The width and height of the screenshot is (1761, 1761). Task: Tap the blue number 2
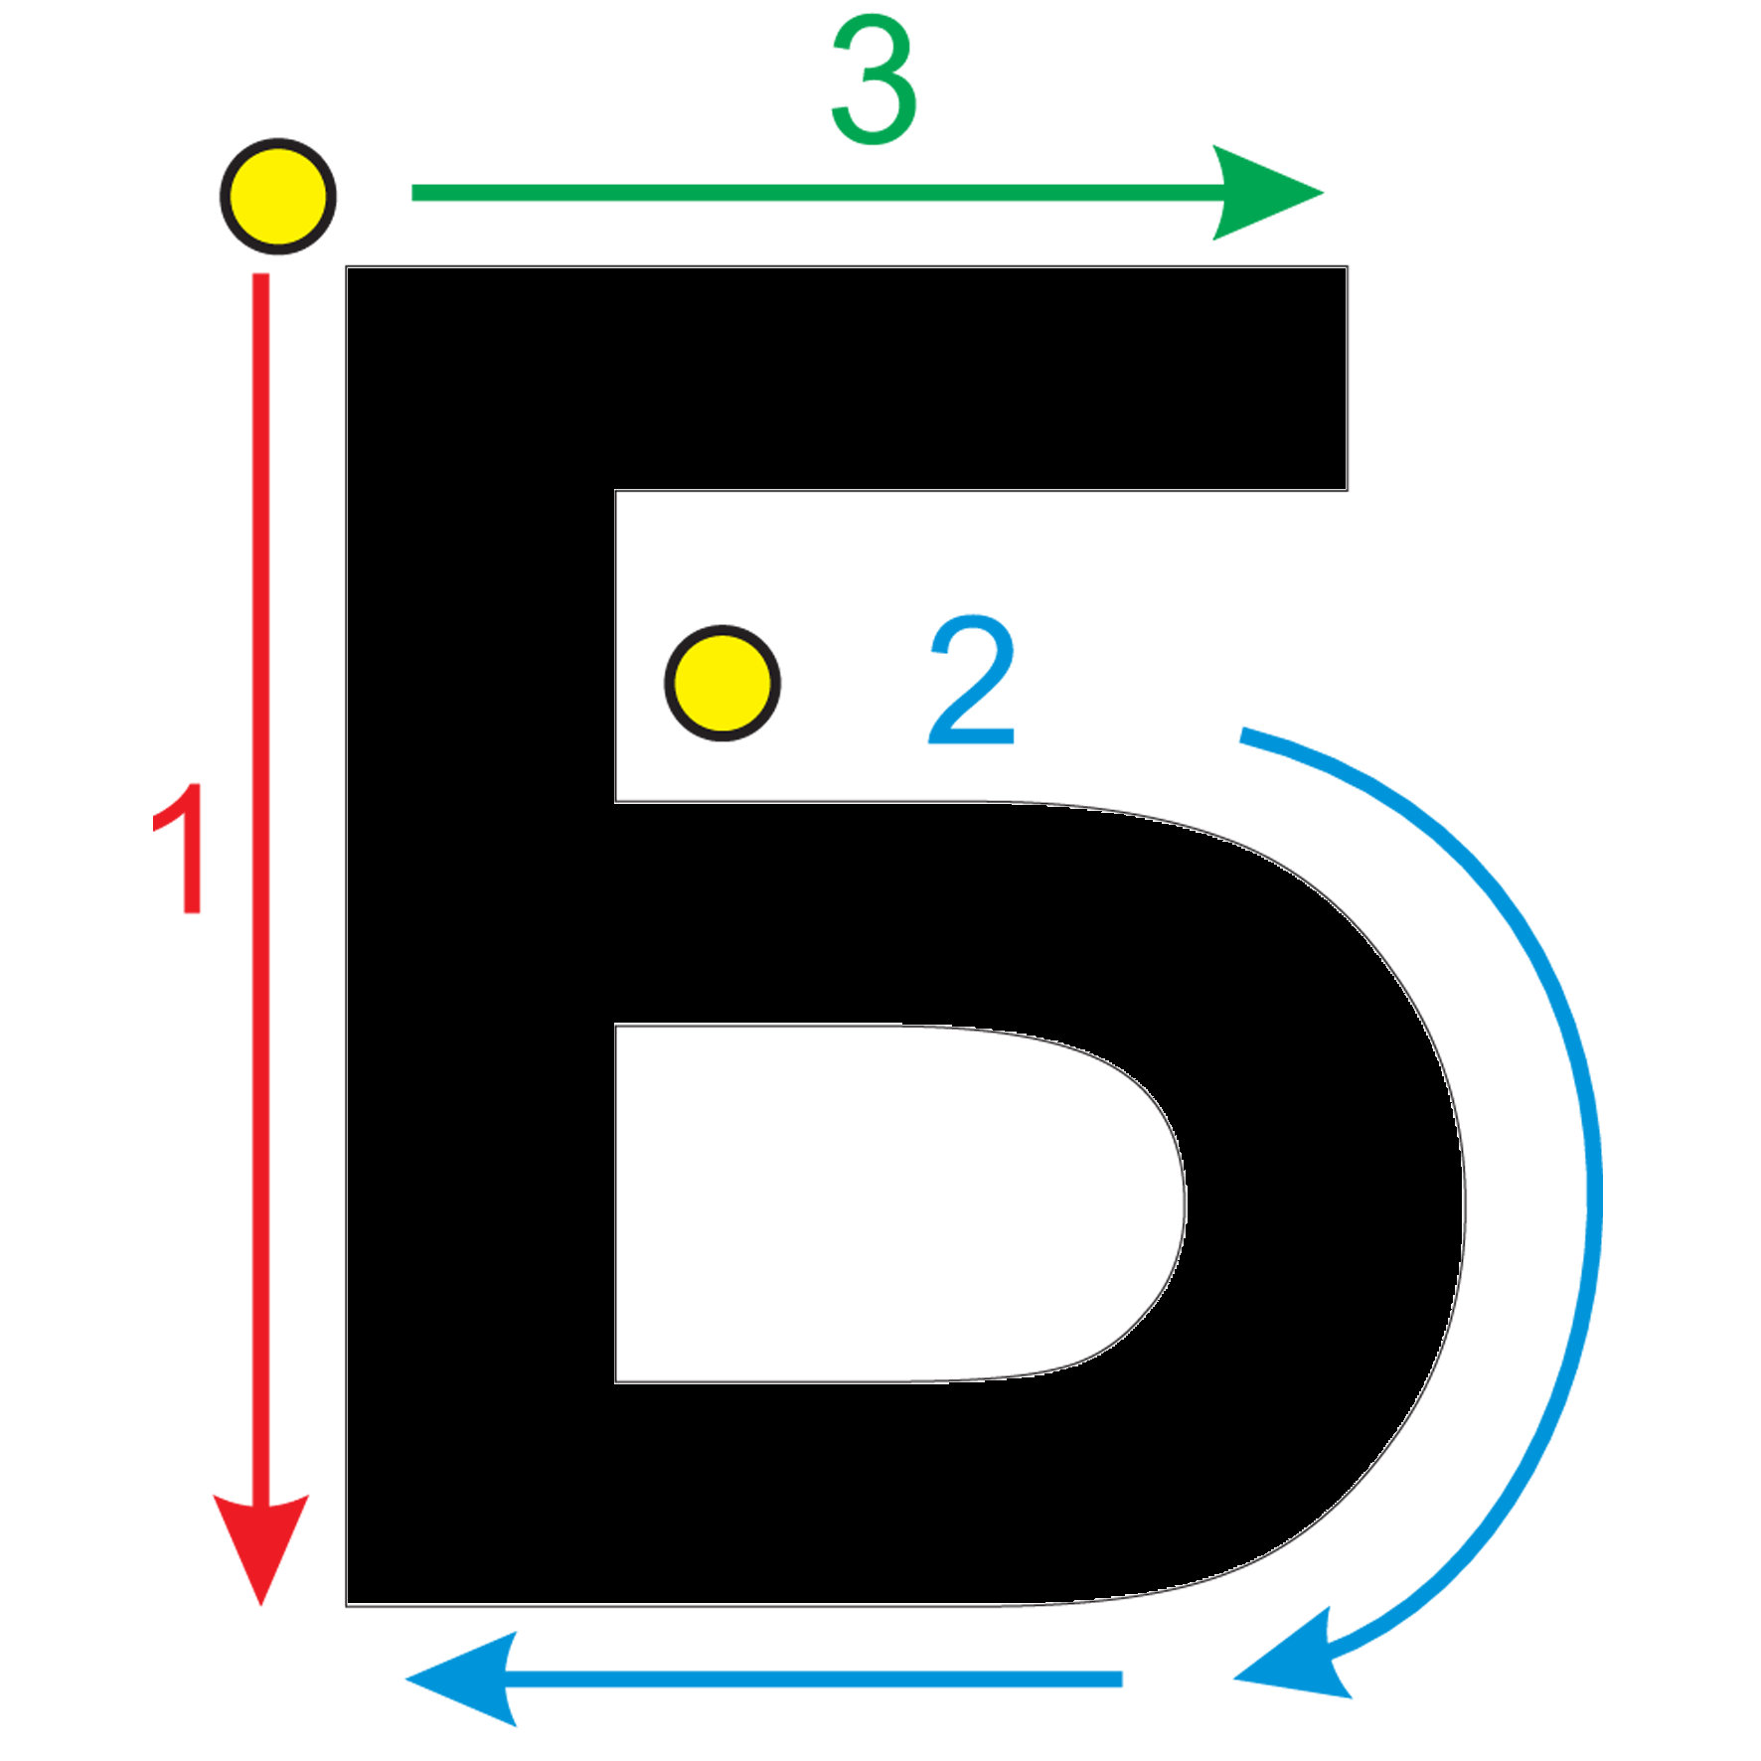coord(972,679)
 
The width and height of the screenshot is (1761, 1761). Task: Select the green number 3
coord(874,80)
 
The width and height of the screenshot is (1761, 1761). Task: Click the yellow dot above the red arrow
coord(278,196)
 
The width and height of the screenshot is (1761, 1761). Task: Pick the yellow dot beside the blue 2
coord(722,683)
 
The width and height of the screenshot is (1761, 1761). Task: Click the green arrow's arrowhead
coord(1267,193)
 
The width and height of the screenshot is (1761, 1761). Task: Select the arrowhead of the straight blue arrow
coord(463,1679)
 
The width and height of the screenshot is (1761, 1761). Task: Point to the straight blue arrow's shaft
coord(815,1680)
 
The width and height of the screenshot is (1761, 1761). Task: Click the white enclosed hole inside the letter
coord(875,1202)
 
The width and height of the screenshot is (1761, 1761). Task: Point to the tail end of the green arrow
coord(413,193)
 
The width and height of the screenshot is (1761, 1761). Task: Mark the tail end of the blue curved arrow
coord(1242,734)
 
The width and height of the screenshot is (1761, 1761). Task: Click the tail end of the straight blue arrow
coord(1121,1680)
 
